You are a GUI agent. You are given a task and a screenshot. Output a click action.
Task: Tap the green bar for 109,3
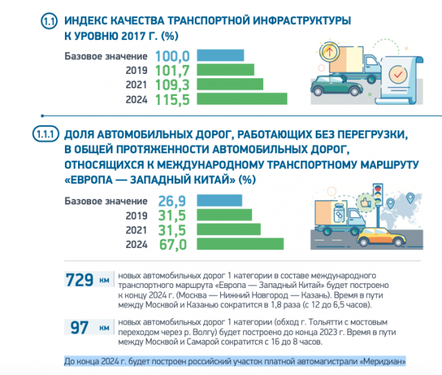pos(231,85)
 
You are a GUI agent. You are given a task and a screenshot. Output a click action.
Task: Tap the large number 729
pos(79,280)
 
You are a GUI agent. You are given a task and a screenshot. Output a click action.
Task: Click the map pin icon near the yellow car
pos(410,199)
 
